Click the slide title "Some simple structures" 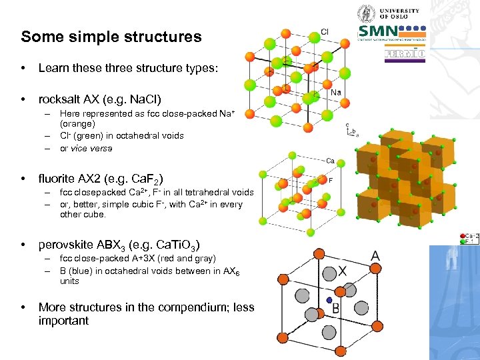pos(111,37)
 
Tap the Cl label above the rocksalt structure pos(325,31)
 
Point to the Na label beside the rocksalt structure pos(337,92)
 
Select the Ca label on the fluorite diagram pos(331,161)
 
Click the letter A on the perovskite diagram pos(375,257)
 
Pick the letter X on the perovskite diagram pos(343,271)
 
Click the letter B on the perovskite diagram pos(336,308)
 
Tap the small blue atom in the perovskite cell pos(329,301)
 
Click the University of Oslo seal pos(365,13)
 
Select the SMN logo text pos(378,31)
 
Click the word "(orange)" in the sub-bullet pos(77,123)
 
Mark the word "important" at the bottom pos(63,321)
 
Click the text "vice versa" pos(86,149)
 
